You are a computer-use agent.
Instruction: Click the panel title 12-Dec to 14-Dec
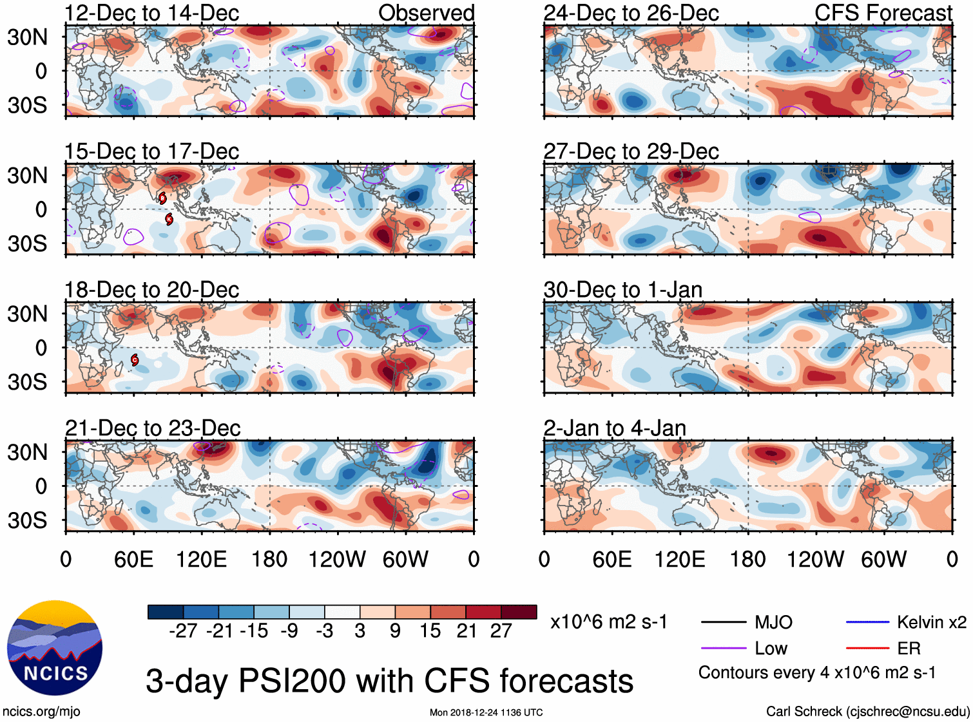coord(151,13)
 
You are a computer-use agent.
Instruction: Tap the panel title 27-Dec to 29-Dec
coord(631,151)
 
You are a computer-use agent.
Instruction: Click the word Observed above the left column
coord(426,13)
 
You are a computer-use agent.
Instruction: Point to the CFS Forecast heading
coord(883,13)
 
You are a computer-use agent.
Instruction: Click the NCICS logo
coord(55,648)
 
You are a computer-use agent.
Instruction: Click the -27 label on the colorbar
coord(183,631)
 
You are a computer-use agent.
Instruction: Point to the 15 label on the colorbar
coord(430,631)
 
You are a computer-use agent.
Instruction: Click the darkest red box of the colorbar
coord(519,612)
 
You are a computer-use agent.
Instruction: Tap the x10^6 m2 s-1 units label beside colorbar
coord(608,622)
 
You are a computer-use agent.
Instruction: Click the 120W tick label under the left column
coord(337,559)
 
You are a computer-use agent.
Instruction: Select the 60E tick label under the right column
coord(612,559)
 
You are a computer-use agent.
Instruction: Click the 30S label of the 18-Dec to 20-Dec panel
coord(27,382)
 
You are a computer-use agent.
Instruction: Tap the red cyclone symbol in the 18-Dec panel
coord(135,359)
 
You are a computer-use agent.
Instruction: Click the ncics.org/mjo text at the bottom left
coord(41,712)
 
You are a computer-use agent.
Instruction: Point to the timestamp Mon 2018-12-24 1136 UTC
coord(486,712)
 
